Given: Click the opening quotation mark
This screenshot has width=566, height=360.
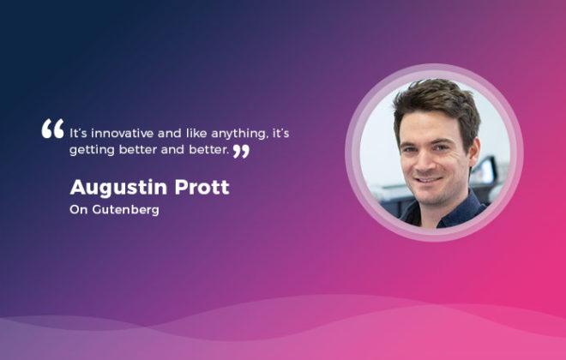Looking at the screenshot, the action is coord(52,129).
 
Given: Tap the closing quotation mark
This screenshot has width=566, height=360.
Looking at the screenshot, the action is coord(241,151).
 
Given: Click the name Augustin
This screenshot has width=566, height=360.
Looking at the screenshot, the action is coord(118,188).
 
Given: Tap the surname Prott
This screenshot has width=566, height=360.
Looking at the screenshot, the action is coord(202,187).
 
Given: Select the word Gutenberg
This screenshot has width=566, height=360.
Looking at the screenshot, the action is coord(125,210).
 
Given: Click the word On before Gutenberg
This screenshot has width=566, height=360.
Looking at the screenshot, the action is coord(79,210).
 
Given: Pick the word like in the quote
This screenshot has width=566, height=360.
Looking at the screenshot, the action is coord(196,133).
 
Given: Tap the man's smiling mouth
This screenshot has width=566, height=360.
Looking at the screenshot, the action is coord(428,179).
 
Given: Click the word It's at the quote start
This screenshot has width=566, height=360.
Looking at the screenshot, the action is coord(78,134).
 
